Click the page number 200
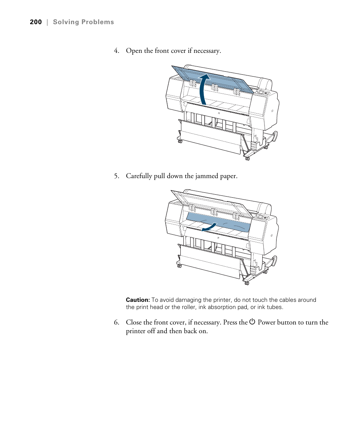[35, 22]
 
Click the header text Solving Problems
[83, 22]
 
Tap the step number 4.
[117, 51]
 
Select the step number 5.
[117, 176]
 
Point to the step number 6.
[117, 323]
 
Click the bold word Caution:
[138, 300]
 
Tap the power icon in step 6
[252, 322]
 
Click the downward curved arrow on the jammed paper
[209, 227]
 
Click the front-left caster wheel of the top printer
[179, 141]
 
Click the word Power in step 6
[266, 323]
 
